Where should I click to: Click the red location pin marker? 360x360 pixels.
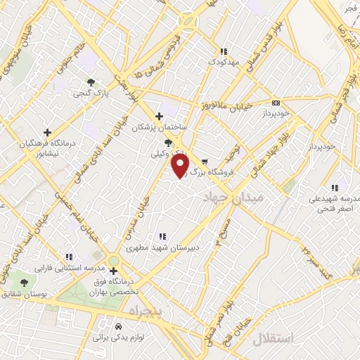tap(181, 166)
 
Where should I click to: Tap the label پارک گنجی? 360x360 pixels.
tap(91, 93)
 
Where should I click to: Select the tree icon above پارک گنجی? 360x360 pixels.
tap(90, 82)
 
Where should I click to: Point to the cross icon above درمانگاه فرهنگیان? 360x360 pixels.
tap(48, 131)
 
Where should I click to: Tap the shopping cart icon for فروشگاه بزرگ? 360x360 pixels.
tap(205, 160)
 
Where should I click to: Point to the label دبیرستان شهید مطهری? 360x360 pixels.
tap(162, 247)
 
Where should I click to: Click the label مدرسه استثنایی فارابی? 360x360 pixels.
tap(68, 269)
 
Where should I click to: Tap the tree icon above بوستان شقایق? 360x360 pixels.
tap(25, 283)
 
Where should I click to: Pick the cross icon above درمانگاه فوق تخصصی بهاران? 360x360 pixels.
tap(113, 270)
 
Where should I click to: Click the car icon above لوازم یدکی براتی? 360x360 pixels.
tap(118, 327)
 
